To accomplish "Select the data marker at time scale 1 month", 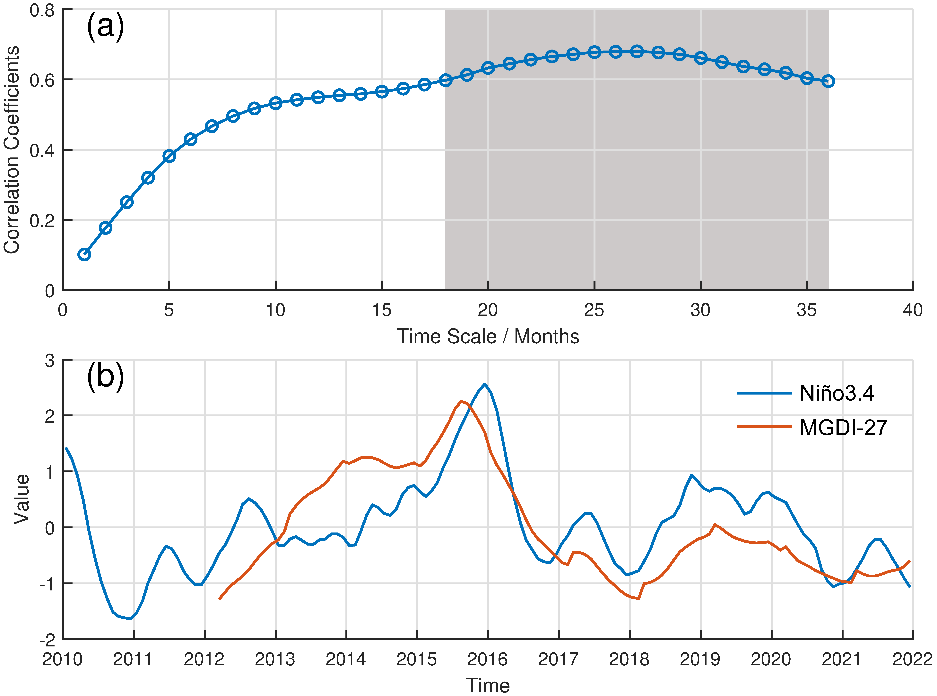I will click(x=84, y=254).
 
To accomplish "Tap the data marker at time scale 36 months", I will click(x=828, y=81).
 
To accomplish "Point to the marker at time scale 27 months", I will click(x=637, y=51).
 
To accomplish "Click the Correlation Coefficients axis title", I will click(x=12, y=150).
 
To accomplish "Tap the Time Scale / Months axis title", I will click(x=488, y=336).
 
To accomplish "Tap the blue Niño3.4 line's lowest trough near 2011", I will click(x=131, y=619).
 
